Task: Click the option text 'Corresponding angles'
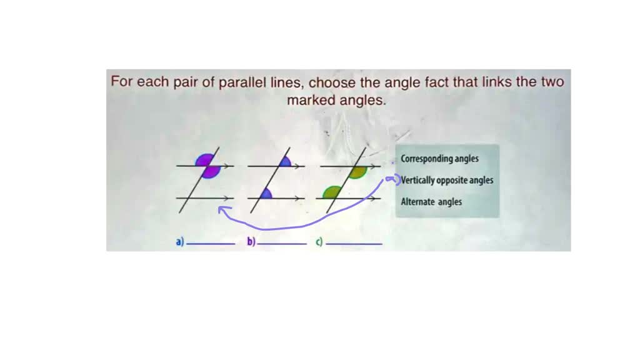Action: [439, 159]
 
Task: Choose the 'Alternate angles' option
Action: [431, 202]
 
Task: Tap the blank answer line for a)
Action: [211, 243]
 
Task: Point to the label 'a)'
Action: [180, 241]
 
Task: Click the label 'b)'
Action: [251, 241]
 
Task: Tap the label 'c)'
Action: [319, 241]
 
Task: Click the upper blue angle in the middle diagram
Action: [284, 162]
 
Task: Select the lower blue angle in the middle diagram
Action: [266, 194]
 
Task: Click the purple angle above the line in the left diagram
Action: [204, 160]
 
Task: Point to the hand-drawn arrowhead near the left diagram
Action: [221, 211]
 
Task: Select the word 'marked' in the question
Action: [311, 100]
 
